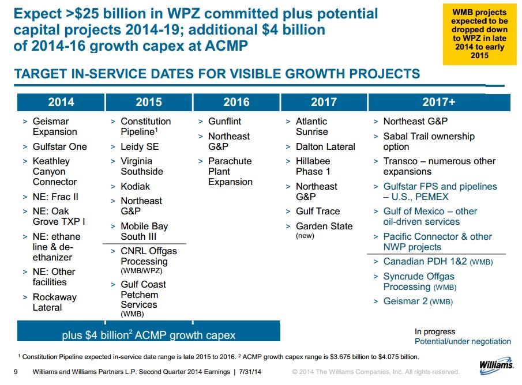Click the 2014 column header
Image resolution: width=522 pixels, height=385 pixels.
(x=61, y=102)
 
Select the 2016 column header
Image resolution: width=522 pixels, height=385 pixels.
(x=236, y=102)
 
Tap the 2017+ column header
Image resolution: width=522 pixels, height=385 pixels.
(x=438, y=102)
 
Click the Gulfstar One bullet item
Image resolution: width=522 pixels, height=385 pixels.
(x=59, y=146)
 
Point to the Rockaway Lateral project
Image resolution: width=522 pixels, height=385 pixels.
(x=54, y=302)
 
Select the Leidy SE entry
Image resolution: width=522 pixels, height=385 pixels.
(x=140, y=146)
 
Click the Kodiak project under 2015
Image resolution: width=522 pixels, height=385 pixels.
(x=135, y=186)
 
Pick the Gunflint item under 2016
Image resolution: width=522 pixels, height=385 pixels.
(x=224, y=122)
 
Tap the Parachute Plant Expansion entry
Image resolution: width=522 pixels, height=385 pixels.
(x=230, y=172)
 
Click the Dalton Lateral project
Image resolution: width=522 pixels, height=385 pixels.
(x=325, y=146)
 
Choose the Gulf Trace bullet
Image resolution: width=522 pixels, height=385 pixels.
(x=318, y=212)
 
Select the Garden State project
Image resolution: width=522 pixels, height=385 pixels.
(x=324, y=227)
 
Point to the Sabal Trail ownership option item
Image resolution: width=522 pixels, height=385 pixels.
(x=429, y=141)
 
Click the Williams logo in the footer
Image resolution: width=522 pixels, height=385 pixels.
(x=496, y=365)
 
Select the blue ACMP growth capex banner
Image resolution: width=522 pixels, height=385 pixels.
(x=149, y=334)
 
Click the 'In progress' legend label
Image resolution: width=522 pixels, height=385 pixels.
(x=435, y=331)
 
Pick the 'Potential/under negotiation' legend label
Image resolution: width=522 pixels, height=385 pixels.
(x=463, y=341)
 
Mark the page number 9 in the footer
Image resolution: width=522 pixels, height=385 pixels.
(x=16, y=372)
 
